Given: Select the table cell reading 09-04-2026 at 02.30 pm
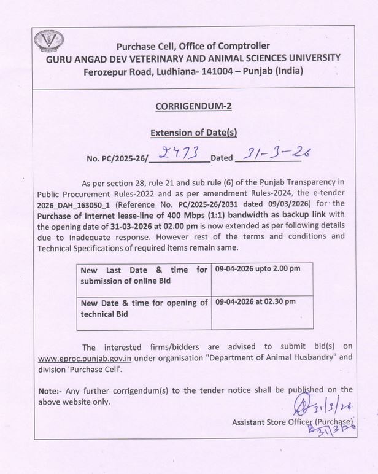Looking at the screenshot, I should click(x=255, y=301).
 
